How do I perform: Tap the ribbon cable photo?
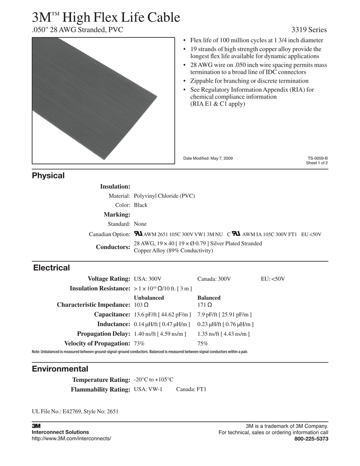click(103, 100)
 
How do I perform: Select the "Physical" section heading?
click(48, 176)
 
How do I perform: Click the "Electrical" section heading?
click(52, 268)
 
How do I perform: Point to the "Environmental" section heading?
click(60, 369)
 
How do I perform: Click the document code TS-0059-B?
click(318, 158)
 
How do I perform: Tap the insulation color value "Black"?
click(141, 205)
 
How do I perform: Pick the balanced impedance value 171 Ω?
click(205, 305)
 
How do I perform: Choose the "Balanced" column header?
click(209, 298)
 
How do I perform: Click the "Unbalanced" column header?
click(149, 298)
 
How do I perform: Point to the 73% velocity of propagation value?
click(139, 343)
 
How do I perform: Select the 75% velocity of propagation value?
click(202, 343)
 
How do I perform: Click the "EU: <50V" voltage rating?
click(273, 279)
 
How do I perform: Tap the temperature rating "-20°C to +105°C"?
click(153, 380)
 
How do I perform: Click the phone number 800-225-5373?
click(311, 439)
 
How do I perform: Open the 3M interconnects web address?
click(71, 439)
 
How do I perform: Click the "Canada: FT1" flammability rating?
click(191, 389)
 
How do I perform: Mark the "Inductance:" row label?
click(113, 324)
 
